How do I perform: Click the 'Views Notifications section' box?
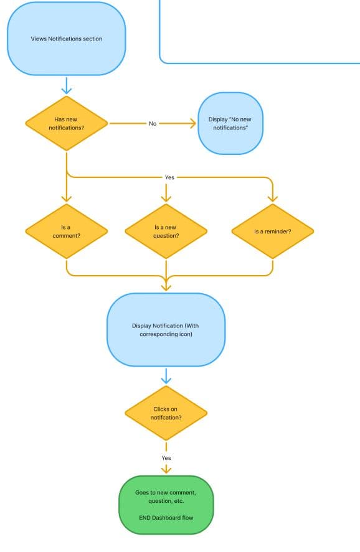point(67,39)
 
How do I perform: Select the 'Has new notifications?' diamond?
point(67,123)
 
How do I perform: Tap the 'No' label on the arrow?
point(153,123)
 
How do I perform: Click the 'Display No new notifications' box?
point(230,123)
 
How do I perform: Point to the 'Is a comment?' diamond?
point(67,231)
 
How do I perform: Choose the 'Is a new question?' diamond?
point(166,231)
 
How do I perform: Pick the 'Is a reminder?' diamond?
point(273,231)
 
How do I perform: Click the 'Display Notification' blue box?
point(166,330)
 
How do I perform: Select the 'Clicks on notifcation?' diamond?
point(166,413)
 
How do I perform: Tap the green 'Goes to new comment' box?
point(166,505)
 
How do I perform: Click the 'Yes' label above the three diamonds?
point(169,177)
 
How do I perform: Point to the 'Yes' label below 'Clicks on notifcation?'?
point(166,458)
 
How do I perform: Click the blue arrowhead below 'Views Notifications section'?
point(67,91)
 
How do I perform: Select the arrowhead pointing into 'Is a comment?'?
point(67,199)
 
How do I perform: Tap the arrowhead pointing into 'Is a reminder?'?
point(273,199)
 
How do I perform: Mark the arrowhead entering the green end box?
point(166,470)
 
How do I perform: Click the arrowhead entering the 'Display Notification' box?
point(166,287)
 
